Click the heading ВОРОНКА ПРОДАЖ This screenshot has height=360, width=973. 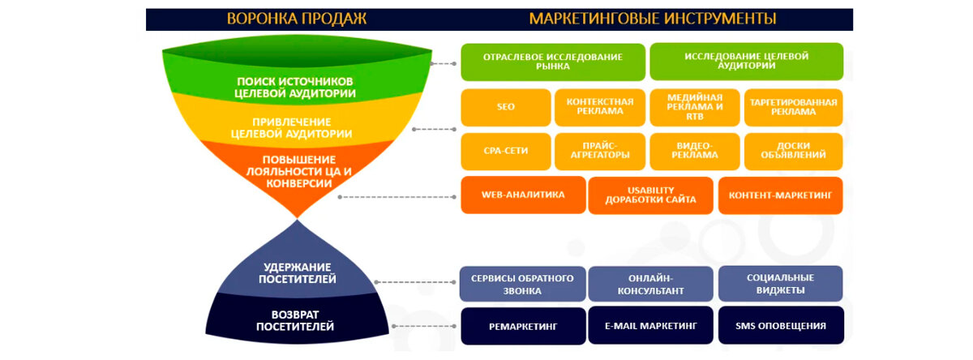coord(297,19)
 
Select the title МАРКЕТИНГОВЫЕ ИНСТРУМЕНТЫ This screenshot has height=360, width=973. coord(653,19)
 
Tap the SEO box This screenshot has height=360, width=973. coord(506,107)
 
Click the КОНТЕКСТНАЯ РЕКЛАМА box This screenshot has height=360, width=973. coord(600,107)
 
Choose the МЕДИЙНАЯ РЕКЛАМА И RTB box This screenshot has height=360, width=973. coord(695,107)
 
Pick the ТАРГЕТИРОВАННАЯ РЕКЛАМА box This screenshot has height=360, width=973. coord(793,107)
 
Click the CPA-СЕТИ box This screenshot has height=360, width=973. coord(506,151)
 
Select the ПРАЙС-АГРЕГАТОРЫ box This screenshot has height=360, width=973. coord(600,151)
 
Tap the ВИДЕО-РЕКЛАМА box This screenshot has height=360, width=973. coord(695,151)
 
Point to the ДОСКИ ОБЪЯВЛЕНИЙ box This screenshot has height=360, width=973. coord(793,151)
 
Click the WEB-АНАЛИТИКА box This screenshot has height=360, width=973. coord(523,195)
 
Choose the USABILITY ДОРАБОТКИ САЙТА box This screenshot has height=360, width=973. coord(650,195)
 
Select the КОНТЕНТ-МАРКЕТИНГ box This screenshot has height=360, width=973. coord(780,195)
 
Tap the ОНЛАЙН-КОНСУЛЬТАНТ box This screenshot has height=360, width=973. coord(650,284)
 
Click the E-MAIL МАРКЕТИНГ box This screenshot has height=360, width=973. coord(650,326)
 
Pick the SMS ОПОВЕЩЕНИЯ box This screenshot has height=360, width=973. coord(781,326)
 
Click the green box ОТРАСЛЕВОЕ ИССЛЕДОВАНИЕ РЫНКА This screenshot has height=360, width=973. coord(553,62)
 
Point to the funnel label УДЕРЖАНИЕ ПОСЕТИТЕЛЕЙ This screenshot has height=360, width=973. coord(298,273)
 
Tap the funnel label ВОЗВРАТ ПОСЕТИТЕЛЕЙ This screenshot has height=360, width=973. coord(295,320)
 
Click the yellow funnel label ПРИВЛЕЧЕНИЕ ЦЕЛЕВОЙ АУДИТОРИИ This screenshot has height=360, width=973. coord(291,128)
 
